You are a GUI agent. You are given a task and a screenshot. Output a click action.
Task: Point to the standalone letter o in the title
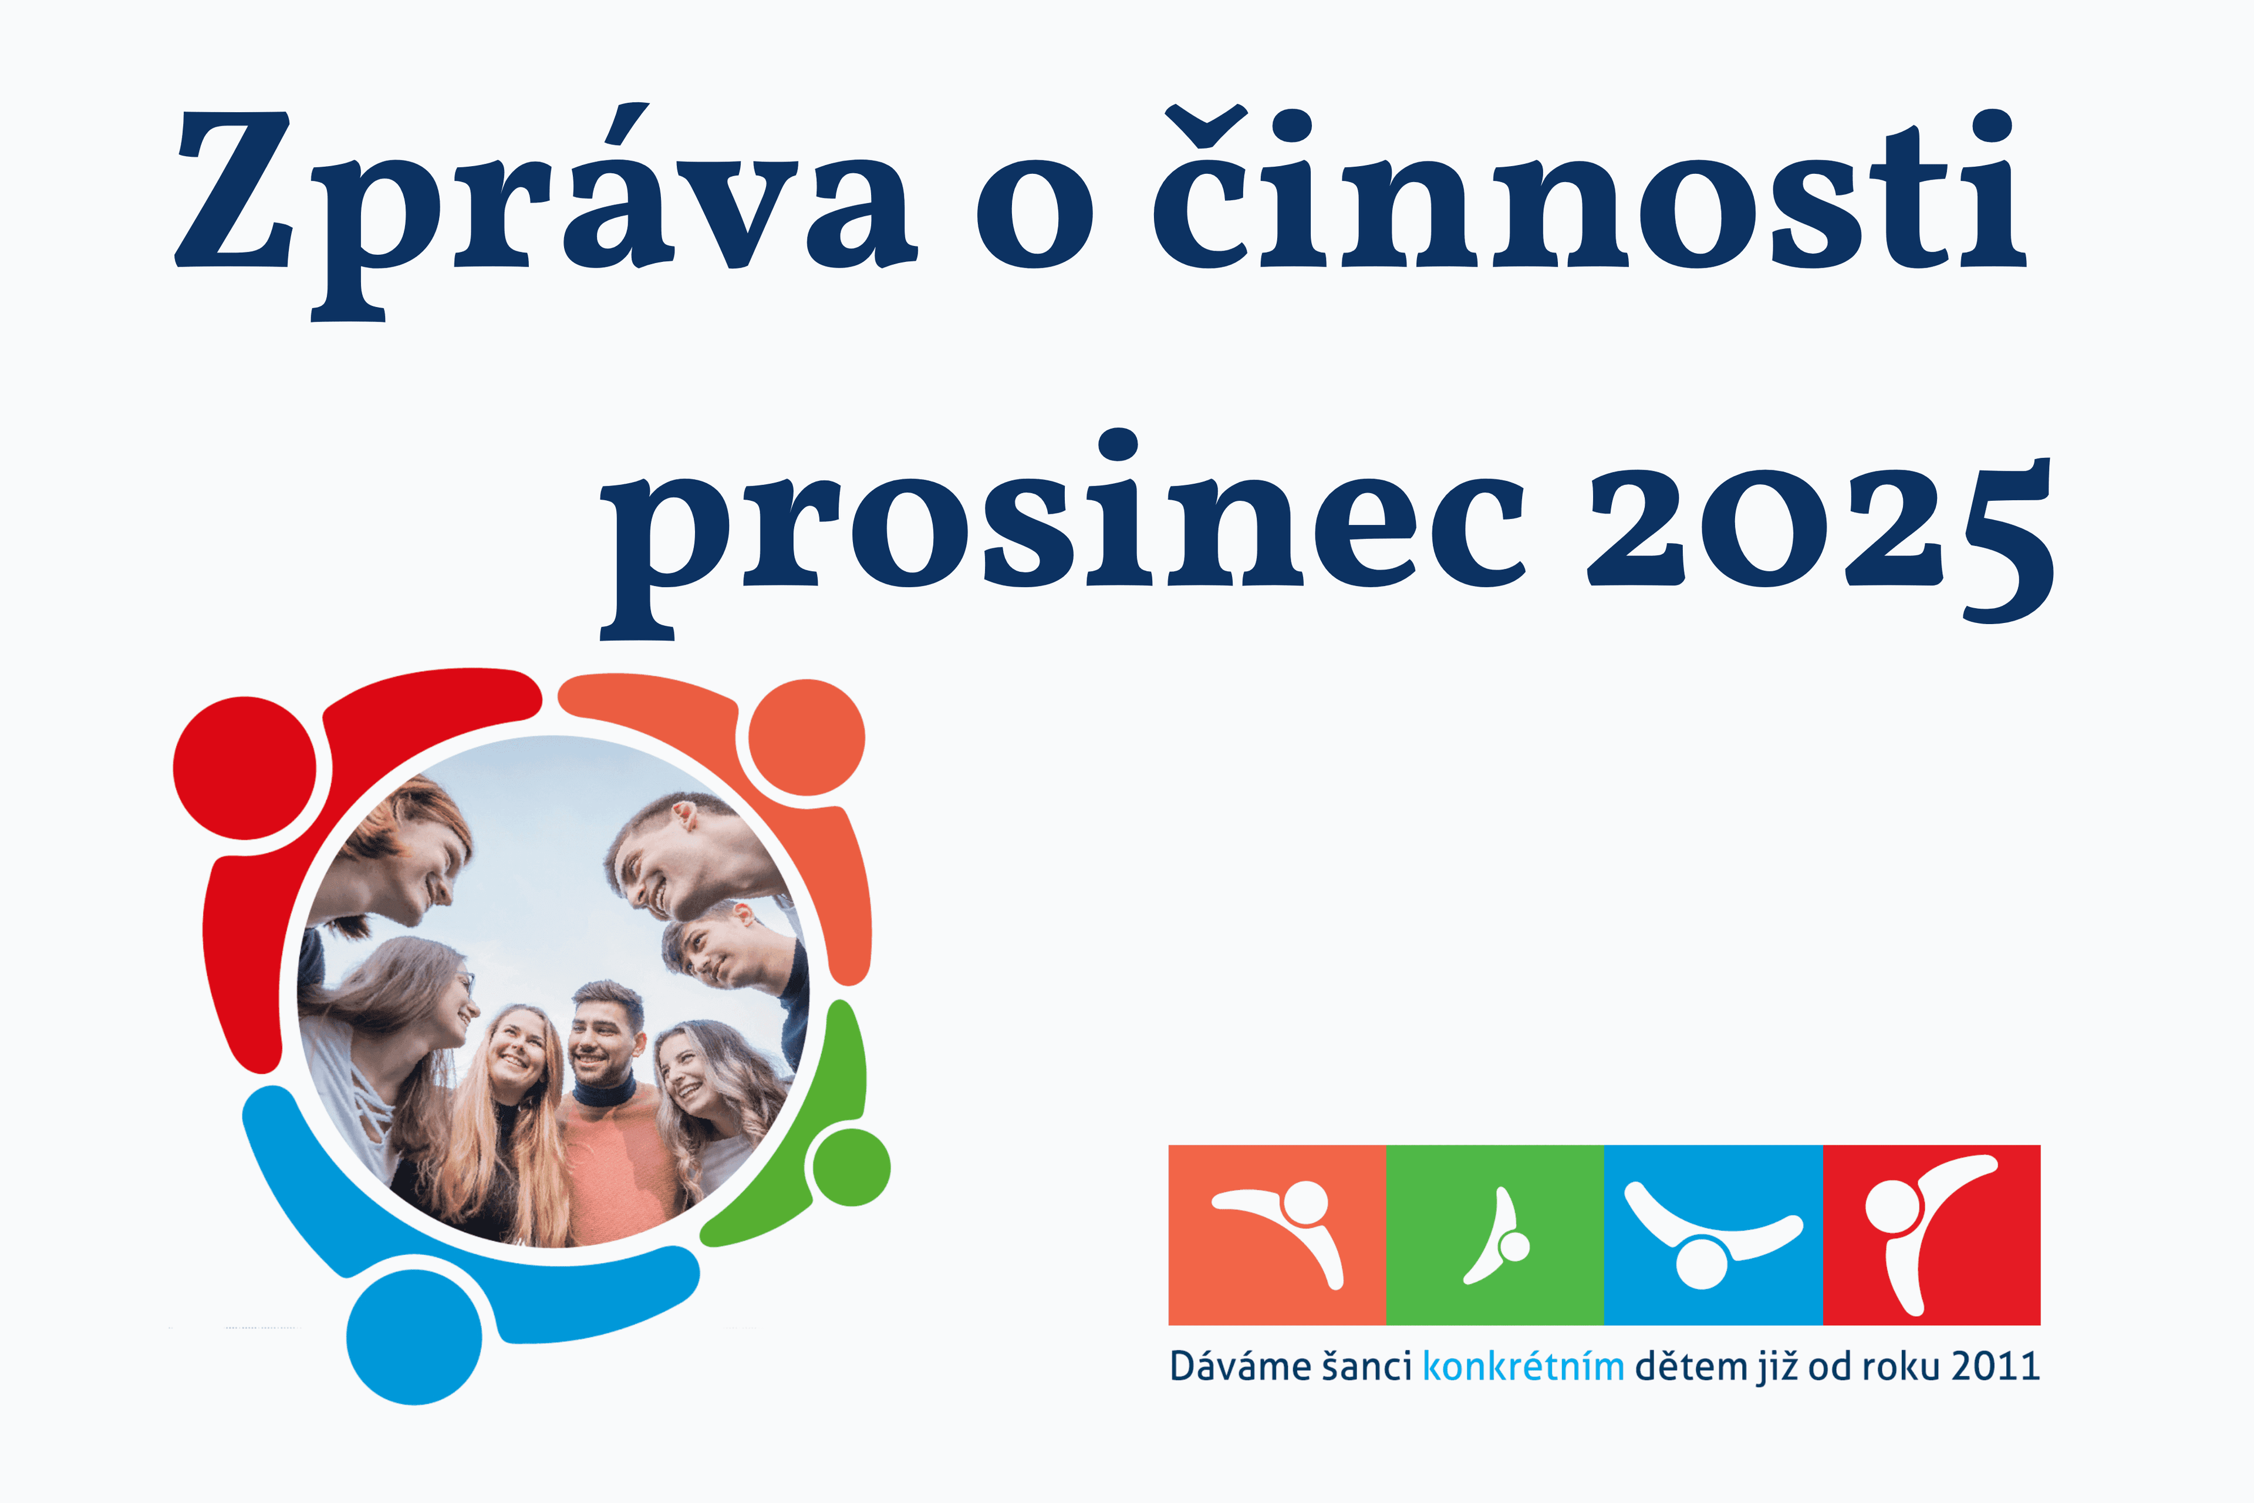coord(1035,213)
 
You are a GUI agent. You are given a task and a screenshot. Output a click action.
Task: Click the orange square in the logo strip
coord(1277,1235)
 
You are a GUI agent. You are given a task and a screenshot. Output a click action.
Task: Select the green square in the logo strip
coord(1495,1235)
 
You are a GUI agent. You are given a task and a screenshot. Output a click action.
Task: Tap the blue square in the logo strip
coord(1713,1235)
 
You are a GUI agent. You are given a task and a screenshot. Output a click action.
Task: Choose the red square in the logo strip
coord(1931,1235)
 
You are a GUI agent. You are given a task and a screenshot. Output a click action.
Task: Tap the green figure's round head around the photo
coord(851,1167)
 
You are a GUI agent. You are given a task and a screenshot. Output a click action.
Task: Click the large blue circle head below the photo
coord(414,1337)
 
